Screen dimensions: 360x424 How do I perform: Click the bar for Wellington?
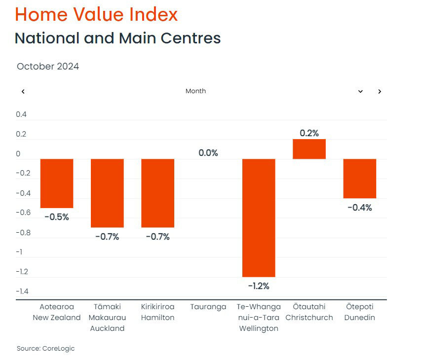259,217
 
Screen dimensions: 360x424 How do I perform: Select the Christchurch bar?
309,149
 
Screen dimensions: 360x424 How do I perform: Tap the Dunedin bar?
360,179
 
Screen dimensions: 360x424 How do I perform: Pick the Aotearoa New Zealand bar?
57,183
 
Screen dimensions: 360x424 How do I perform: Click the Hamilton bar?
158,193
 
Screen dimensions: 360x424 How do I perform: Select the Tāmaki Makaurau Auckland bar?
107,193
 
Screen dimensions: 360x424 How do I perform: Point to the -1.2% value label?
259,286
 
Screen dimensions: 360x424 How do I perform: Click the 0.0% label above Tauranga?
208,153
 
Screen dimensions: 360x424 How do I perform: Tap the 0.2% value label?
309,133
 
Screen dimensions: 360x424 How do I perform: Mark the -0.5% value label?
57,217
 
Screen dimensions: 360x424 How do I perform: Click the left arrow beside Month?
23,91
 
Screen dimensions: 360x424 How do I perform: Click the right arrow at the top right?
380,91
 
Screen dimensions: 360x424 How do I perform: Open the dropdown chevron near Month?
360,91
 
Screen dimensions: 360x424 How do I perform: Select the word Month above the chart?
195,91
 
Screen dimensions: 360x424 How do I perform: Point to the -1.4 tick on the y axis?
22,291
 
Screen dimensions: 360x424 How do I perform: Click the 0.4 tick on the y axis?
21,114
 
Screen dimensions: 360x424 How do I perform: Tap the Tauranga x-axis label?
208,307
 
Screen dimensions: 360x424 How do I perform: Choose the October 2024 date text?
48,67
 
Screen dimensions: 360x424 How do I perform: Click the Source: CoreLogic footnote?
45,349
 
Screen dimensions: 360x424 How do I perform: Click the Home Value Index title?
96,15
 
